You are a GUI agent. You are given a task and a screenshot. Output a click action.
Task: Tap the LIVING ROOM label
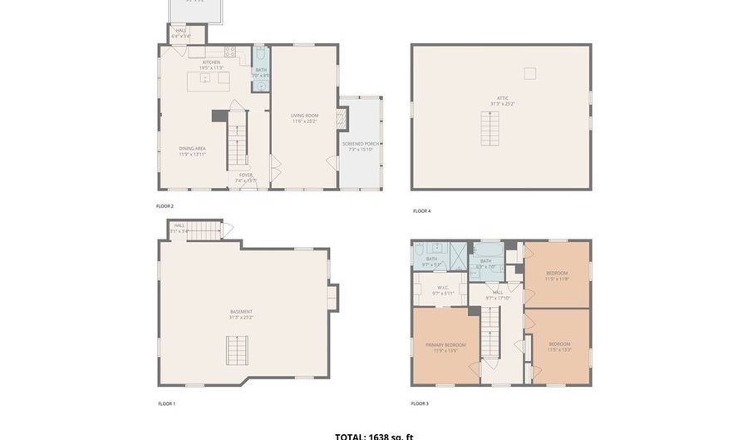pyautogui.click(x=305, y=116)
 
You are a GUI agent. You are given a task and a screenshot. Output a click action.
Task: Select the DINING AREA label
pyautogui.click(x=192, y=150)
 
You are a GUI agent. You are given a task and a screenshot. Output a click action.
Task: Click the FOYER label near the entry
pyautogui.click(x=246, y=176)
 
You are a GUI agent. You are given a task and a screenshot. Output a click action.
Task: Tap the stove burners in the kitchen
pyautogui.click(x=233, y=52)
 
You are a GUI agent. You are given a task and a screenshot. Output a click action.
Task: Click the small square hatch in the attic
pyautogui.click(x=530, y=73)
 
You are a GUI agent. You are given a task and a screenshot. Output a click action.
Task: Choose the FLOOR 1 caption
pyautogui.click(x=166, y=403)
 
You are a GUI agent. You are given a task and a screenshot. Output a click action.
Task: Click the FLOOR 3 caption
pyautogui.click(x=420, y=403)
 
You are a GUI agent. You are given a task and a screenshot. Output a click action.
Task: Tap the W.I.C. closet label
pyautogui.click(x=442, y=289)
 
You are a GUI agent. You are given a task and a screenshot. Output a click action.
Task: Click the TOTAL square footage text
pyautogui.click(x=374, y=435)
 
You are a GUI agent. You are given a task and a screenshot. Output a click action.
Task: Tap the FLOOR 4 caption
pyautogui.click(x=421, y=211)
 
